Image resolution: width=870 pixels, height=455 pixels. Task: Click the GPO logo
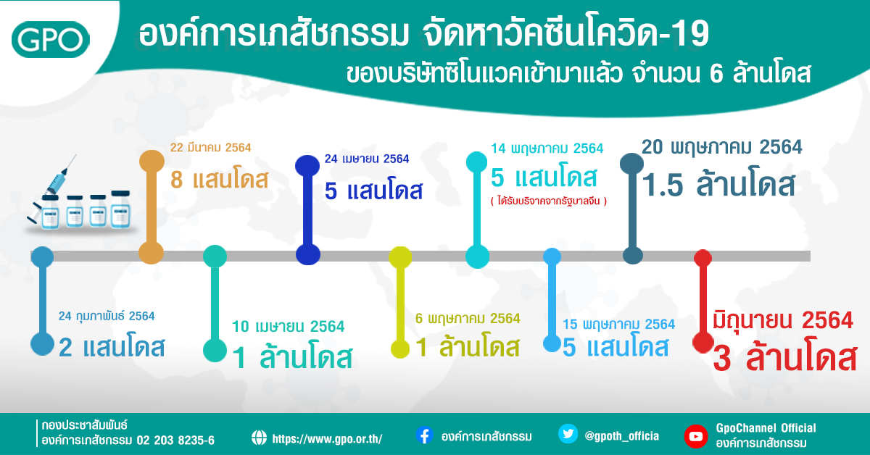pyautogui.click(x=51, y=40)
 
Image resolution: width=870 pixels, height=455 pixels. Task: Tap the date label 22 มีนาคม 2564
pyautogui.click(x=210, y=148)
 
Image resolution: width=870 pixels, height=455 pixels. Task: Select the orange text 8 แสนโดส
pyautogui.click(x=220, y=180)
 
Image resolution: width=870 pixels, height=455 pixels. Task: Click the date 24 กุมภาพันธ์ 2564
pyautogui.click(x=107, y=316)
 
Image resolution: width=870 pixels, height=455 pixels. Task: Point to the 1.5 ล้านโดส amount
pyautogui.click(x=718, y=185)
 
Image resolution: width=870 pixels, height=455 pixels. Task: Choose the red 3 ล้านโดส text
pyautogui.click(x=785, y=357)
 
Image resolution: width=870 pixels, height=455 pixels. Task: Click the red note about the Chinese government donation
pyautogui.click(x=548, y=201)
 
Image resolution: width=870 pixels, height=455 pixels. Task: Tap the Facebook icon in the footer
pyautogui.click(x=425, y=435)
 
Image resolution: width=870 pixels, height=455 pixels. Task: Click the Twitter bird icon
pyautogui.click(x=568, y=434)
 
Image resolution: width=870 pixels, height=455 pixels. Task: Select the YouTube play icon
pyautogui.click(x=695, y=437)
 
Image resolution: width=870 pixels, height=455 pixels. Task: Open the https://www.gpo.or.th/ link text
pyautogui.click(x=327, y=438)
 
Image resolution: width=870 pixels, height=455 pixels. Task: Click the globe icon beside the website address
pyautogui.click(x=259, y=438)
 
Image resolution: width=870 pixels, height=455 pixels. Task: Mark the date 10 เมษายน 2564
pyautogui.click(x=289, y=327)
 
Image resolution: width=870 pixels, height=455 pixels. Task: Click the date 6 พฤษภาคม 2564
pyautogui.click(x=468, y=318)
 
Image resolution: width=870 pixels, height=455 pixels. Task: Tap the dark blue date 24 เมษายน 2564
pyautogui.click(x=367, y=159)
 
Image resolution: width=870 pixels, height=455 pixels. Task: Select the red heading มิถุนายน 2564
pyautogui.click(x=783, y=321)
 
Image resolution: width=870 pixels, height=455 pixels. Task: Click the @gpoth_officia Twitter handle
pyautogui.click(x=622, y=436)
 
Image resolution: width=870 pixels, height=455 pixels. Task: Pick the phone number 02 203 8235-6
pyautogui.click(x=175, y=441)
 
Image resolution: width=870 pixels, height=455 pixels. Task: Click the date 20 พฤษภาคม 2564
pyautogui.click(x=721, y=148)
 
